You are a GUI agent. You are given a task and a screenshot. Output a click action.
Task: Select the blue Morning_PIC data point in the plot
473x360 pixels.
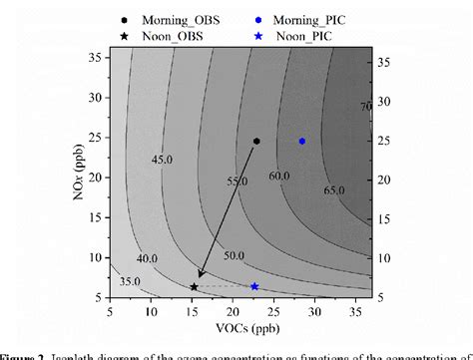pos(302,141)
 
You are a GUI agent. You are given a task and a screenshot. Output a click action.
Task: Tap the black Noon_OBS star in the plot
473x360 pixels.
pos(194,287)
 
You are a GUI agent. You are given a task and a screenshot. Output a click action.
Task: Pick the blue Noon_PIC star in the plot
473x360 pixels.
pos(254,286)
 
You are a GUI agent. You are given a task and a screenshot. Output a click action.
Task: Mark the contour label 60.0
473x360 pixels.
pos(278,176)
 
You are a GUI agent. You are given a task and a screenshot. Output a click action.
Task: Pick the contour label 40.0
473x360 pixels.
pos(148,259)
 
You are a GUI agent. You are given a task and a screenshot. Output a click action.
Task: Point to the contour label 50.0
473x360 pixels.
pos(233,256)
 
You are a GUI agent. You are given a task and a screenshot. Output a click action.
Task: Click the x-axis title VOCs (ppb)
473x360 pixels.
pos(240,329)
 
